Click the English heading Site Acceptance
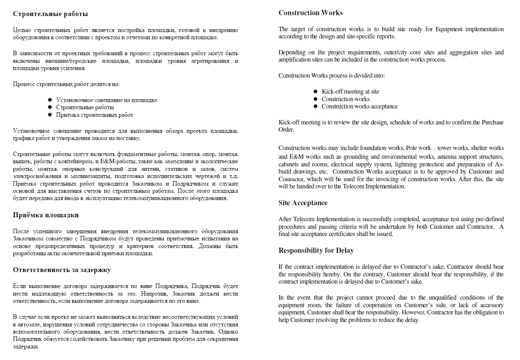click(303, 203)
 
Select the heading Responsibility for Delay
click(316, 250)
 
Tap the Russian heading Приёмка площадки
click(46, 215)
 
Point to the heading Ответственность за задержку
click(62, 270)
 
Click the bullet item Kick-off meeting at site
click(350, 92)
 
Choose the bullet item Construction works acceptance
click(359, 106)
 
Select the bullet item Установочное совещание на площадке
click(106, 100)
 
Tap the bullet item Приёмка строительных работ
click(94, 115)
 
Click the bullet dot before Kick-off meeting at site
click(316, 92)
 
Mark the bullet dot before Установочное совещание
click(50, 100)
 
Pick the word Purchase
click(493, 122)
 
